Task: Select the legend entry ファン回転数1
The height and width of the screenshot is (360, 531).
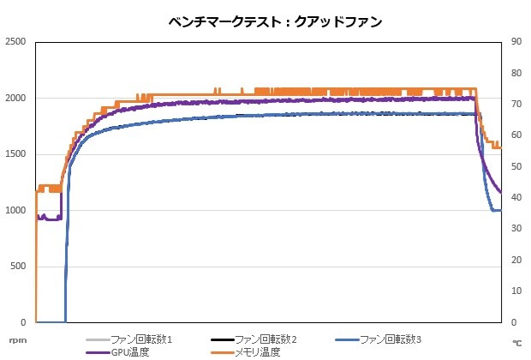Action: coord(141,339)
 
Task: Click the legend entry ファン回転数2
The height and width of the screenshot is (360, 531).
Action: coord(265,339)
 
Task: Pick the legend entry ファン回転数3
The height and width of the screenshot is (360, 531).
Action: coord(391,339)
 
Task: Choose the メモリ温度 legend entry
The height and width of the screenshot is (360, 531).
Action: coord(258,351)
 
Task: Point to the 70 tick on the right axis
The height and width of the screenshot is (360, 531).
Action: coord(516,104)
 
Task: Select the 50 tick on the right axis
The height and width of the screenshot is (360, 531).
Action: coord(516,166)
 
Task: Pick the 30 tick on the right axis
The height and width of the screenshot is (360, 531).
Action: coord(516,229)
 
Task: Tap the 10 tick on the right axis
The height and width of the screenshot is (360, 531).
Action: coord(516,291)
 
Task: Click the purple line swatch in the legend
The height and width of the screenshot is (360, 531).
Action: coord(98,351)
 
